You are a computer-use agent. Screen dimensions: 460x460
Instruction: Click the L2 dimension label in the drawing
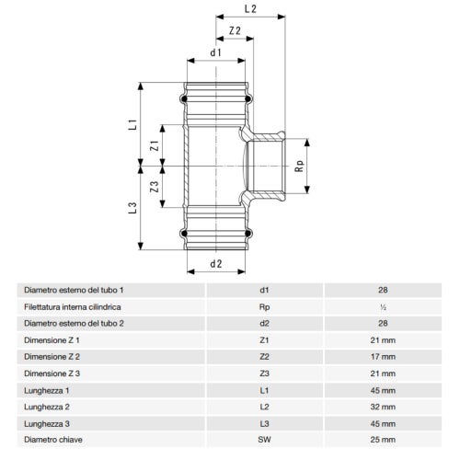[250, 8]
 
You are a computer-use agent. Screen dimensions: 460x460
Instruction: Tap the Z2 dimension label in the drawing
[235, 30]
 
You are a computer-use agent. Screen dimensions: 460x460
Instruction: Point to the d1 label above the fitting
[215, 52]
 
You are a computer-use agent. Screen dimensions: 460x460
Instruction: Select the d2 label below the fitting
[216, 264]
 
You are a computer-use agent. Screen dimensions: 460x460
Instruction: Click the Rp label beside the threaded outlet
[300, 166]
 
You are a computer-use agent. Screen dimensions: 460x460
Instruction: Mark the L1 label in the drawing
[132, 124]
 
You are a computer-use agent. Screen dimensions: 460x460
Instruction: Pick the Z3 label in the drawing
[155, 187]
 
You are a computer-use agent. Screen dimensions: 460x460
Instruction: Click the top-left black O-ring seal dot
[184, 98]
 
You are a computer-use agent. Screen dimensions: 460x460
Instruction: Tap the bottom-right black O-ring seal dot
[248, 234]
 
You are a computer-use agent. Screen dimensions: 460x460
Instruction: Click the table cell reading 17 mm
[383, 357]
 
